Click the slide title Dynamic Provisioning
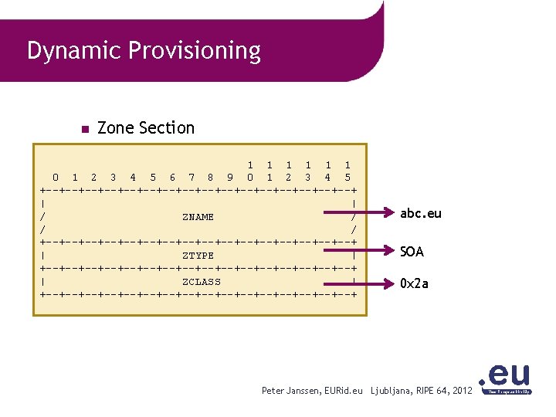(144, 52)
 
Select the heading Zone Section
(146, 127)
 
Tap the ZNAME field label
(198, 217)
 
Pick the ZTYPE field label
(198, 256)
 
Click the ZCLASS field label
(201, 282)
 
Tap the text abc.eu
(421, 213)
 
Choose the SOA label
(412, 252)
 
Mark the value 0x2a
(414, 283)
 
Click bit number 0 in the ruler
(55, 178)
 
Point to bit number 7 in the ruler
(192, 178)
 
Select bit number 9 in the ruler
(230, 178)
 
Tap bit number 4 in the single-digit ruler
(133, 178)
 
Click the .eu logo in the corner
(506, 379)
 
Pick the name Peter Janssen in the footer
(290, 392)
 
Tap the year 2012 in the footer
(462, 392)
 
